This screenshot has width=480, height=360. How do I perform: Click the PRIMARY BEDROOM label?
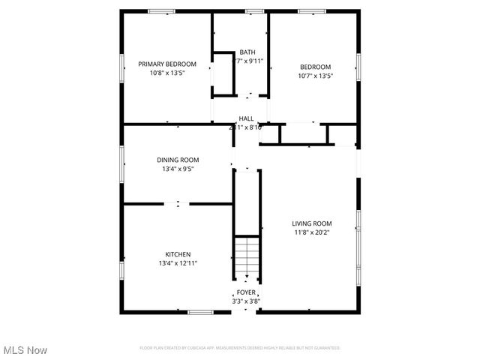coord(167,64)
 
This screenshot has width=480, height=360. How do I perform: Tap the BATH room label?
coord(247,52)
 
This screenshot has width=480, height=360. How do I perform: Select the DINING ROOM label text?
coord(178,160)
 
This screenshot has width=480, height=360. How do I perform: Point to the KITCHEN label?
coord(178,254)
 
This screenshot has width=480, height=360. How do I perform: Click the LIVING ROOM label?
coord(311,223)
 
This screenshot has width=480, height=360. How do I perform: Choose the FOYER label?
coord(246,292)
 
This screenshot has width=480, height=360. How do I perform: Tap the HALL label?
coord(246,118)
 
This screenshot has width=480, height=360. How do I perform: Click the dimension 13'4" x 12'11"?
coord(178,263)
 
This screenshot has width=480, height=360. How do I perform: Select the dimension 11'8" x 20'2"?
coord(311,232)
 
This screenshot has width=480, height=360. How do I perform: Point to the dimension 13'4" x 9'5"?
coord(178,169)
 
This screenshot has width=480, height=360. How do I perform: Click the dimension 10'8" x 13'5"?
coord(167,73)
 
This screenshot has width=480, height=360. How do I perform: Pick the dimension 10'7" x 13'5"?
coord(315,75)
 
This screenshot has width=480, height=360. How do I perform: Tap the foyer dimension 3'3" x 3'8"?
coord(246,301)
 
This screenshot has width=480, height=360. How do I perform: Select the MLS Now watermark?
coord(25,350)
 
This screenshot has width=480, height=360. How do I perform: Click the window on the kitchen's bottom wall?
coord(199,312)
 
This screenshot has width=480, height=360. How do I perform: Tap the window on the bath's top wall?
coord(254,10)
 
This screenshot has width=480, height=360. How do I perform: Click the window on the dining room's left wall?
coord(122,158)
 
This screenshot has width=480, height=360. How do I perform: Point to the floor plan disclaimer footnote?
coord(240,348)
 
